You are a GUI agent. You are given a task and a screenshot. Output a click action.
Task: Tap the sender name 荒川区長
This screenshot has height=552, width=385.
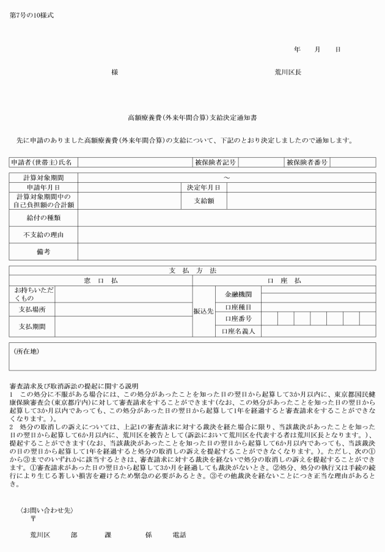[x=287, y=72]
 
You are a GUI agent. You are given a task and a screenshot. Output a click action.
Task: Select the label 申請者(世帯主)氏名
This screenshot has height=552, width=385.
[x=42, y=163]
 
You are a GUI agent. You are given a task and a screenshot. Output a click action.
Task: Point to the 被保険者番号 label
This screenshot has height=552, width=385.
[x=307, y=163]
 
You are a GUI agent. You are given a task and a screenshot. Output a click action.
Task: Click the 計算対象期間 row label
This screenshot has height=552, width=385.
[x=43, y=178]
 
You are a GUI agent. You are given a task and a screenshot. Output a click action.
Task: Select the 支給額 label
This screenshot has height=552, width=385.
[x=205, y=201]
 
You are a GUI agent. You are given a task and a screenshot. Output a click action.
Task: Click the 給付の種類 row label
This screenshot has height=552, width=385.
[x=43, y=218]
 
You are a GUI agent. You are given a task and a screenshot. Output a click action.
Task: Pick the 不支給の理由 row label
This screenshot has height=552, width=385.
[x=43, y=235]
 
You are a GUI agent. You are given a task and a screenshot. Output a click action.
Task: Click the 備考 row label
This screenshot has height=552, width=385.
[x=43, y=251]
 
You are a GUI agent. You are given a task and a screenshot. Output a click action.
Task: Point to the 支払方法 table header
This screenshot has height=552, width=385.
[x=192, y=271]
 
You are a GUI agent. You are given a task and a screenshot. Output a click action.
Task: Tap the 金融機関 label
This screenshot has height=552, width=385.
[x=238, y=295]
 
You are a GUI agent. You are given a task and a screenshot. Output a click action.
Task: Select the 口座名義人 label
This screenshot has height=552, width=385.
[x=238, y=331]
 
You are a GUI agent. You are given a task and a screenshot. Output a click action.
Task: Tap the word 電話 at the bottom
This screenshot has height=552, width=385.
[x=179, y=534]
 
